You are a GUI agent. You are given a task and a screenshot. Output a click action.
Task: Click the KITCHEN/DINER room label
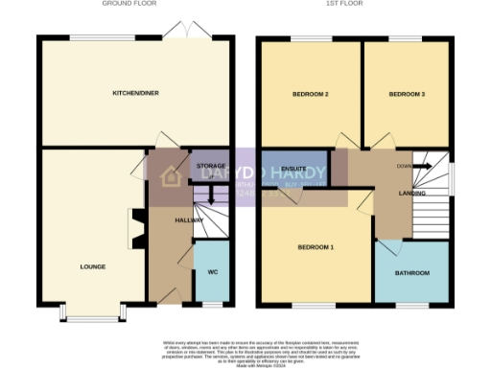[x=135, y=93]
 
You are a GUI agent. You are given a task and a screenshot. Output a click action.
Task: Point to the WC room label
[x=212, y=272]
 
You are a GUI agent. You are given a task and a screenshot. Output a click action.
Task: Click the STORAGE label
[x=210, y=167]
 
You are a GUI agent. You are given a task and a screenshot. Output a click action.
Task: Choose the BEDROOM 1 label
[x=315, y=247]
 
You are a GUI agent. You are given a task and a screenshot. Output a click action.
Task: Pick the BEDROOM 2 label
[x=311, y=95]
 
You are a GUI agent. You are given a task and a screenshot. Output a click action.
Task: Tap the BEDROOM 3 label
[x=407, y=95]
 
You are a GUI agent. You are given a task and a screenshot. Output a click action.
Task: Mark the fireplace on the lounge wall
[x=133, y=229]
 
